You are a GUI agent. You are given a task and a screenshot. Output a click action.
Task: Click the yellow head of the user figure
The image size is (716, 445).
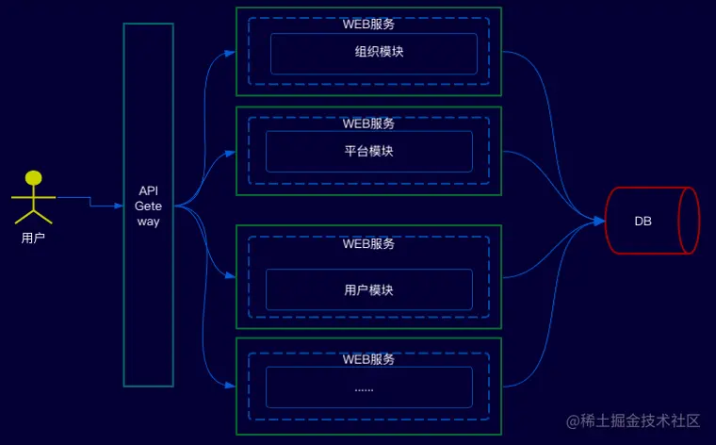click(x=34, y=177)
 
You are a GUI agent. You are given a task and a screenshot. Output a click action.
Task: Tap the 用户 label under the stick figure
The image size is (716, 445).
click(x=33, y=239)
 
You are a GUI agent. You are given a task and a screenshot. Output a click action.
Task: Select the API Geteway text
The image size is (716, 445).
click(x=148, y=206)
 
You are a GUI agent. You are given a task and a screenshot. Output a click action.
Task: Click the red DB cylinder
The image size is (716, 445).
click(x=651, y=221)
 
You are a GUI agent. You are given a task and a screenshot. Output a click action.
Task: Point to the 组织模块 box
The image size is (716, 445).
click(x=373, y=53)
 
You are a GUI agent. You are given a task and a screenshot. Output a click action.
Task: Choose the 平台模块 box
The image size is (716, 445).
click(x=368, y=151)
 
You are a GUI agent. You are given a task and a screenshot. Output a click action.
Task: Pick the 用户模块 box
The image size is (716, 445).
click(x=368, y=289)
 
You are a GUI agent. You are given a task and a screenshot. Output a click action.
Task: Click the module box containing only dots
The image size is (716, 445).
click(x=368, y=387)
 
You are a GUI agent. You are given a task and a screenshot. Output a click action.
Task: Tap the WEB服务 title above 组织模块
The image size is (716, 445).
click(x=368, y=24)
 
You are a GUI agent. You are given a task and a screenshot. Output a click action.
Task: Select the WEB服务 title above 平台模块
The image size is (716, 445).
click(x=368, y=123)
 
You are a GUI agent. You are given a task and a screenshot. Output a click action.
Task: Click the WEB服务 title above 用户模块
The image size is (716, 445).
click(x=368, y=243)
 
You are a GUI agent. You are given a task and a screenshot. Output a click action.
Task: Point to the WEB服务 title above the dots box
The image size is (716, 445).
click(x=368, y=359)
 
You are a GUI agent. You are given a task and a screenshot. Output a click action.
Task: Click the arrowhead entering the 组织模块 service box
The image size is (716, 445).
click(x=232, y=53)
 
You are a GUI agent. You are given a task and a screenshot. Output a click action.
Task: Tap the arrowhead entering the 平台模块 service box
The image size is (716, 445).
click(x=232, y=152)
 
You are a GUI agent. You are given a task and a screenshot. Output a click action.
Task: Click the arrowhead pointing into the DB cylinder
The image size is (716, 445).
click(x=600, y=221)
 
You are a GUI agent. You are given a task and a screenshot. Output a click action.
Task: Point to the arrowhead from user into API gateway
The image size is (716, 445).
click(x=119, y=205)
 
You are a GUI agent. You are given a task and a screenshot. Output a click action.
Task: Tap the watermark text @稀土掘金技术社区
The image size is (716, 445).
click(x=633, y=420)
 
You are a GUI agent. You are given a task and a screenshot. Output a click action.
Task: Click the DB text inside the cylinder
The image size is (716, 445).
click(x=643, y=221)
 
